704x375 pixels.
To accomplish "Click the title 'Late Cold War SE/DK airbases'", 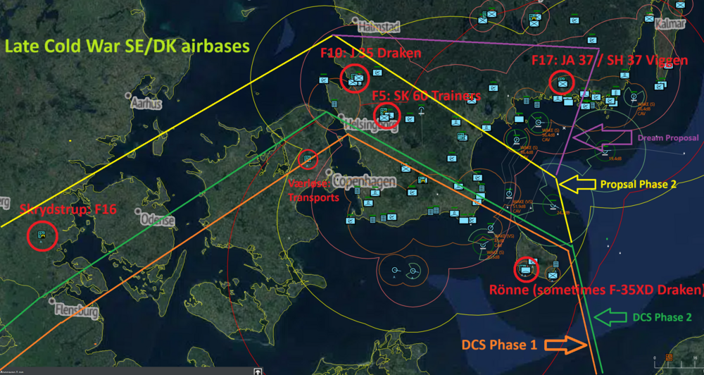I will pyautogui.click(x=127, y=47).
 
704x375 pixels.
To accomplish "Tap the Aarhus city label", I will pyautogui.click(x=146, y=104).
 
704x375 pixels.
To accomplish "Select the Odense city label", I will pyautogui.click(x=157, y=220).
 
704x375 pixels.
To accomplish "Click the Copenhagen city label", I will pyautogui.click(x=364, y=182).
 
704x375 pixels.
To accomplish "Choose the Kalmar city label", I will pyautogui.click(x=670, y=24).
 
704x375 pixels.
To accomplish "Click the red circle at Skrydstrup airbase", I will pyautogui.click(x=41, y=236).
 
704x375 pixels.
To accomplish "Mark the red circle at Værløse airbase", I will pyautogui.click(x=308, y=159).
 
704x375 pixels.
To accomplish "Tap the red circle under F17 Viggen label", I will pyautogui.click(x=562, y=83).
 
